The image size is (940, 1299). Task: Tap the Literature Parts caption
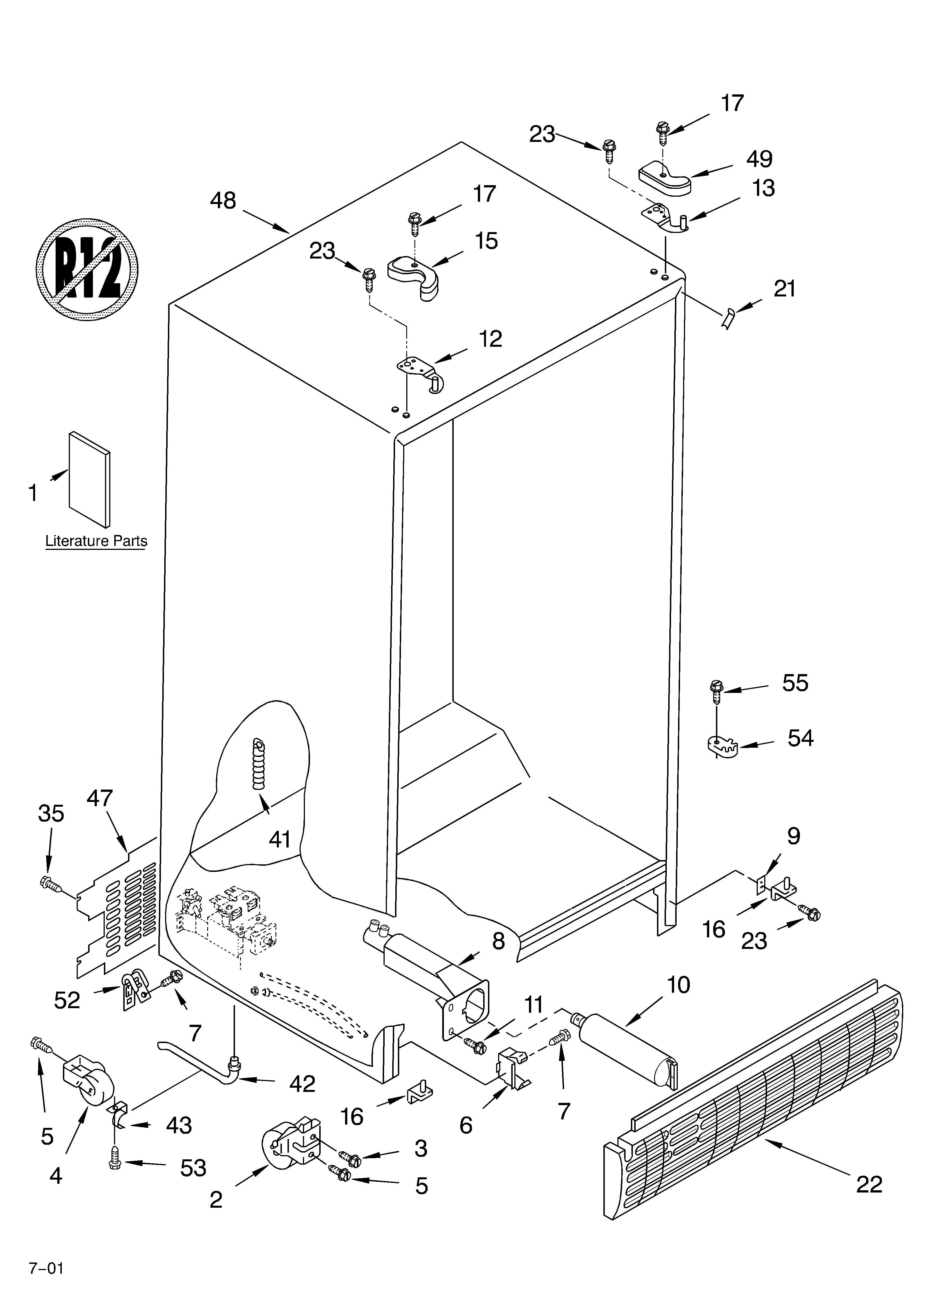(96, 541)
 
